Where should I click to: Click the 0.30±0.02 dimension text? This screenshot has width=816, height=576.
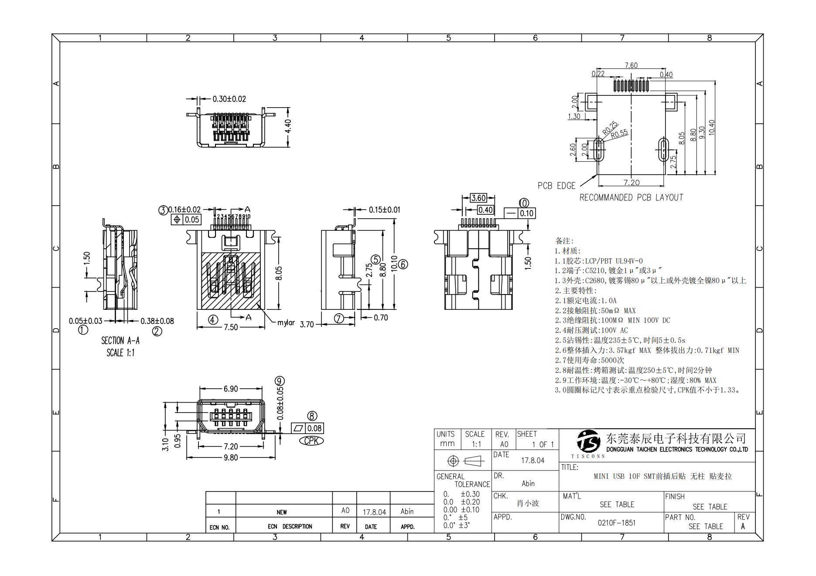[x=229, y=99]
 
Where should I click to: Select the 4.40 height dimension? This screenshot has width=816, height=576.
[x=288, y=127]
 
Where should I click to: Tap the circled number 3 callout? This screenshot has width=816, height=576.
[x=163, y=210]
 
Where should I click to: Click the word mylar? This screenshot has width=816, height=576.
[x=286, y=323]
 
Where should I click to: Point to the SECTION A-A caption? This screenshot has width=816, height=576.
[x=120, y=341]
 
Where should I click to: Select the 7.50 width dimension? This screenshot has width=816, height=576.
[x=231, y=327]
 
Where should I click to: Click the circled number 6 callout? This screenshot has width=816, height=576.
[x=403, y=264]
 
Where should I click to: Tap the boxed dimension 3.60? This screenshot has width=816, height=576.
[x=478, y=198]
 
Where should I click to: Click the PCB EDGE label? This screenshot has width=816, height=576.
[x=556, y=186]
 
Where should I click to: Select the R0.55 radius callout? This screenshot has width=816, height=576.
[x=619, y=134]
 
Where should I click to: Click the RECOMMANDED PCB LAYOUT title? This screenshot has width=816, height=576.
[x=631, y=197]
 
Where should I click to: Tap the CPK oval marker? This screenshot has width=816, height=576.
[x=311, y=440]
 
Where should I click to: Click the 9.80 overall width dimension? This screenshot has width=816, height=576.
[x=230, y=457]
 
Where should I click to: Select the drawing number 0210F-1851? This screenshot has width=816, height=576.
[x=616, y=522]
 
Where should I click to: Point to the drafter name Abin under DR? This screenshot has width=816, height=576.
[x=528, y=483]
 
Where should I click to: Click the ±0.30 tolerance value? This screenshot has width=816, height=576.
[x=470, y=494]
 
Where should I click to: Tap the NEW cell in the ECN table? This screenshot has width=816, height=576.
[x=281, y=512]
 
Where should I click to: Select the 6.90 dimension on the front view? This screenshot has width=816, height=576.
[x=230, y=389]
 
